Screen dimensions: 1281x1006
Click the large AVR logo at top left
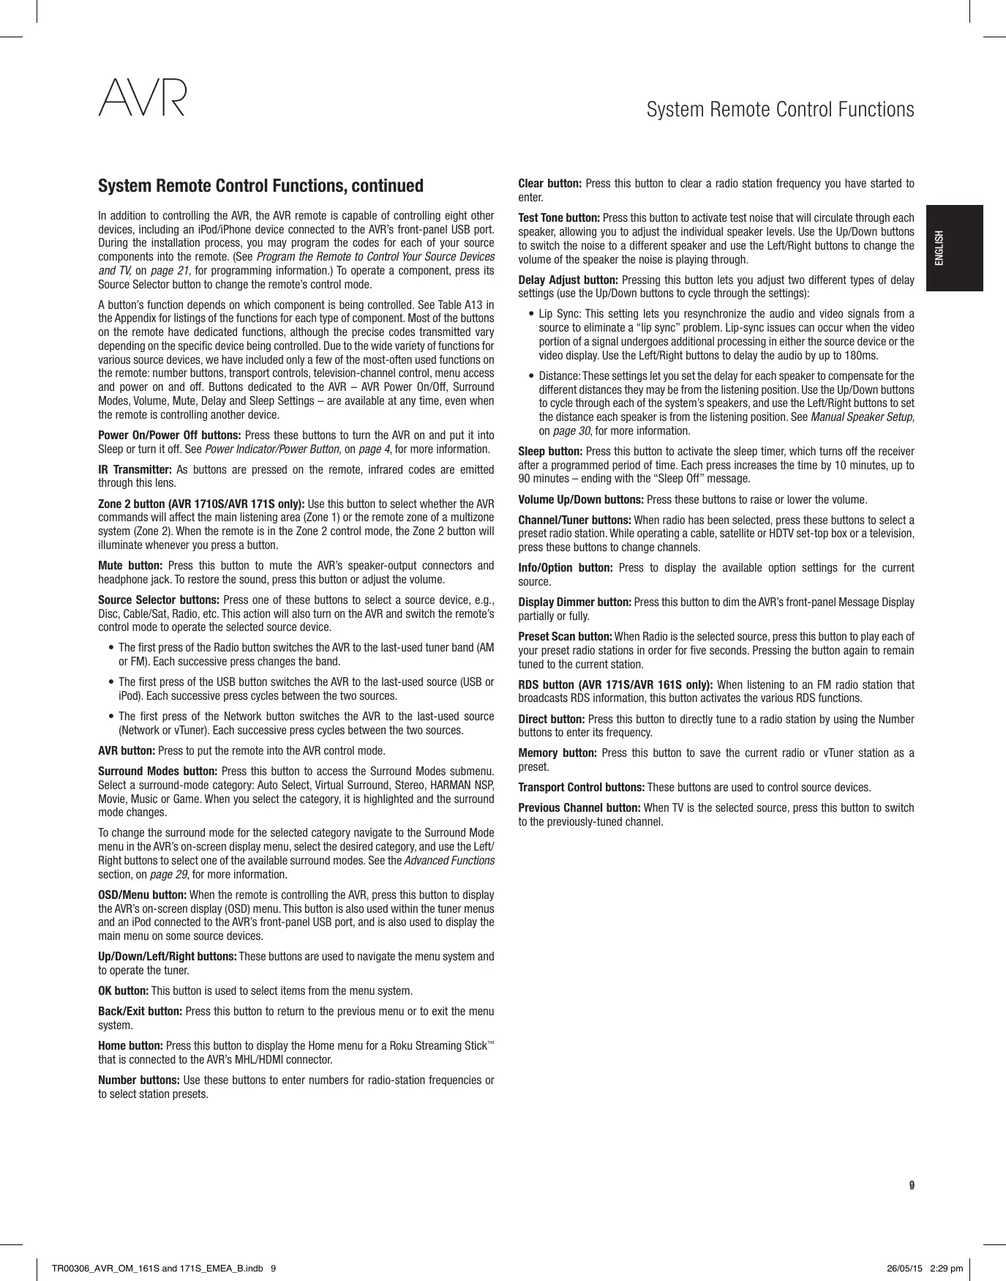(143, 100)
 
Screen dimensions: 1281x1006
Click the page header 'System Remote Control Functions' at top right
(780, 110)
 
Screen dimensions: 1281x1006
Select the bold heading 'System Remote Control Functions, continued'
(260, 186)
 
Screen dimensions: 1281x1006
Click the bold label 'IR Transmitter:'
(135, 469)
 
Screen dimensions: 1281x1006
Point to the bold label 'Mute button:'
(130, 566)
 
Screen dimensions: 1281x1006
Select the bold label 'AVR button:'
(127, 751)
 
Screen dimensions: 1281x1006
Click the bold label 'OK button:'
(123, 991)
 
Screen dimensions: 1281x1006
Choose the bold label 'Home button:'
(130, 1046)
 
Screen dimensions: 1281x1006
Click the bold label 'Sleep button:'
(550, 451)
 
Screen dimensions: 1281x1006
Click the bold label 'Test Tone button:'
(559, 218)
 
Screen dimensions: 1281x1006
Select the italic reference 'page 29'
(168, 875)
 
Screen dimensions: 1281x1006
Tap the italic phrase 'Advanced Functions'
(449, 861)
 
